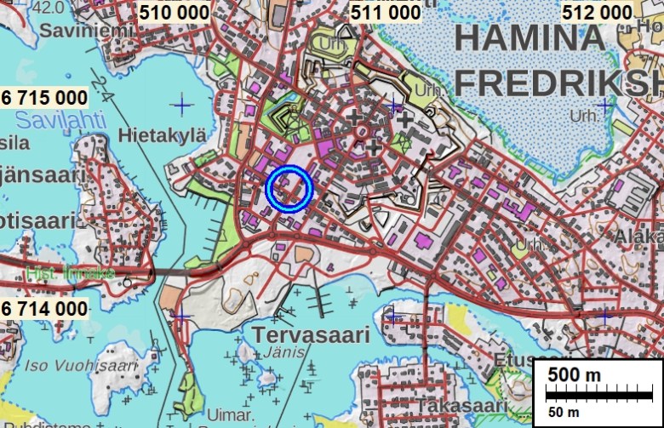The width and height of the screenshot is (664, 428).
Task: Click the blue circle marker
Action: (x=289, y=188)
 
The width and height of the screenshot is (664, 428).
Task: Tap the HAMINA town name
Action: (x=525, y=38)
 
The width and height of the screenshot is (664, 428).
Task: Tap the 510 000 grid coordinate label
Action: (x=174, y=13)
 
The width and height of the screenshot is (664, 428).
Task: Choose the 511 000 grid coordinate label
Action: (x=386, y=13)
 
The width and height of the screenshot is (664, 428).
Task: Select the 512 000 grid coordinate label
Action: (x=597, y=13)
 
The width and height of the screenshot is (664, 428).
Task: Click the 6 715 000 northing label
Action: (x=44, y=98)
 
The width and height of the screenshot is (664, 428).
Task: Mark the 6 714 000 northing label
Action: (x=44, y=308)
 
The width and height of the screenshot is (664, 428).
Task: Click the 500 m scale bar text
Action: (x=574, y=375)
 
